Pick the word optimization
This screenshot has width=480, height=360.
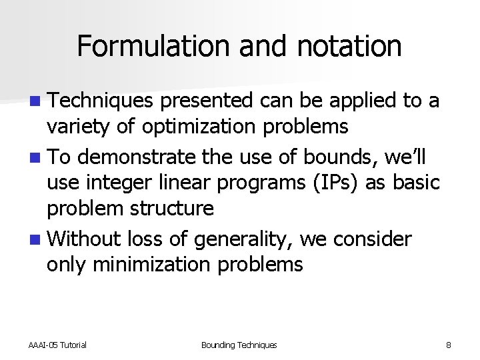[x=195, y=127]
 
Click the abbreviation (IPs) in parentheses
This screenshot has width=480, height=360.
[x=340, y=183]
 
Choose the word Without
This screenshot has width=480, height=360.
[x=85, y=239]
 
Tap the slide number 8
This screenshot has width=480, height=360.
[x=449, y=345]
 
